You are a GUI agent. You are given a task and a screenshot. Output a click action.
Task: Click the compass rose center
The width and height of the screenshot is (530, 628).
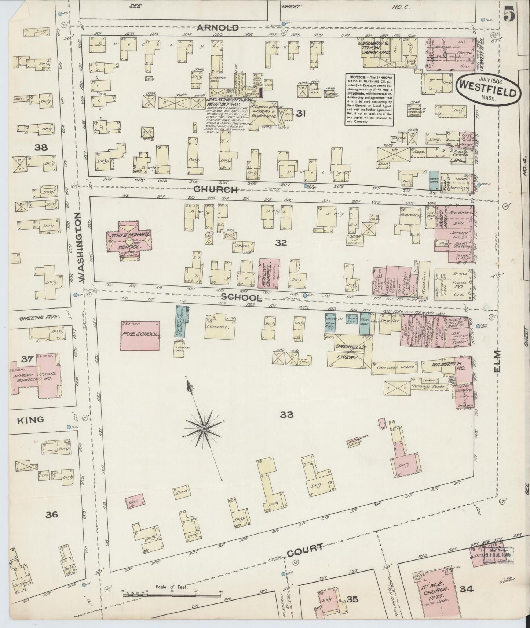click(204, 428)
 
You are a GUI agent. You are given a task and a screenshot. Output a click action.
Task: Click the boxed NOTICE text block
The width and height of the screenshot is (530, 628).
click(369, 99)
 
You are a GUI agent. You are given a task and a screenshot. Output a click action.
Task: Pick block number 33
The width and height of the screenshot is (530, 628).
click(286, 414)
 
